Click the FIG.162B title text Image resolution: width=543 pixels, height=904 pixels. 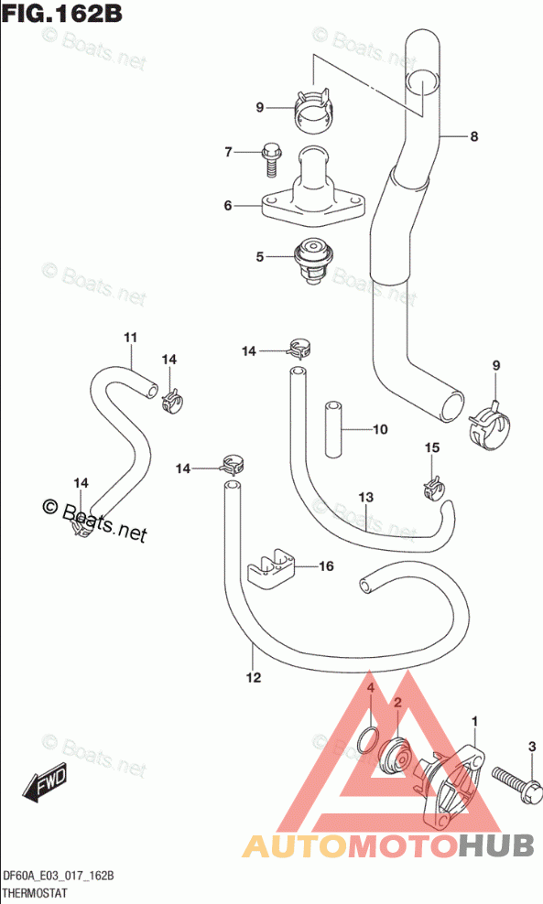62,13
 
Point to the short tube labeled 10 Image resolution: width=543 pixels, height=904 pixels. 333,429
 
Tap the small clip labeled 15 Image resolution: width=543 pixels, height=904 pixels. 432,488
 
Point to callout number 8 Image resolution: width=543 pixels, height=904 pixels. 473,136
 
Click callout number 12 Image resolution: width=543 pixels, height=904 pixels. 254,677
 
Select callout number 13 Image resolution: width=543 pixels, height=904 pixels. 365,497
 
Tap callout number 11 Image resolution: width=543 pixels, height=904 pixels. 130,338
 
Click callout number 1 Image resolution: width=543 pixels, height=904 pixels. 475,721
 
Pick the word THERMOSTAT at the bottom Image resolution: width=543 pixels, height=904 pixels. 35,893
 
